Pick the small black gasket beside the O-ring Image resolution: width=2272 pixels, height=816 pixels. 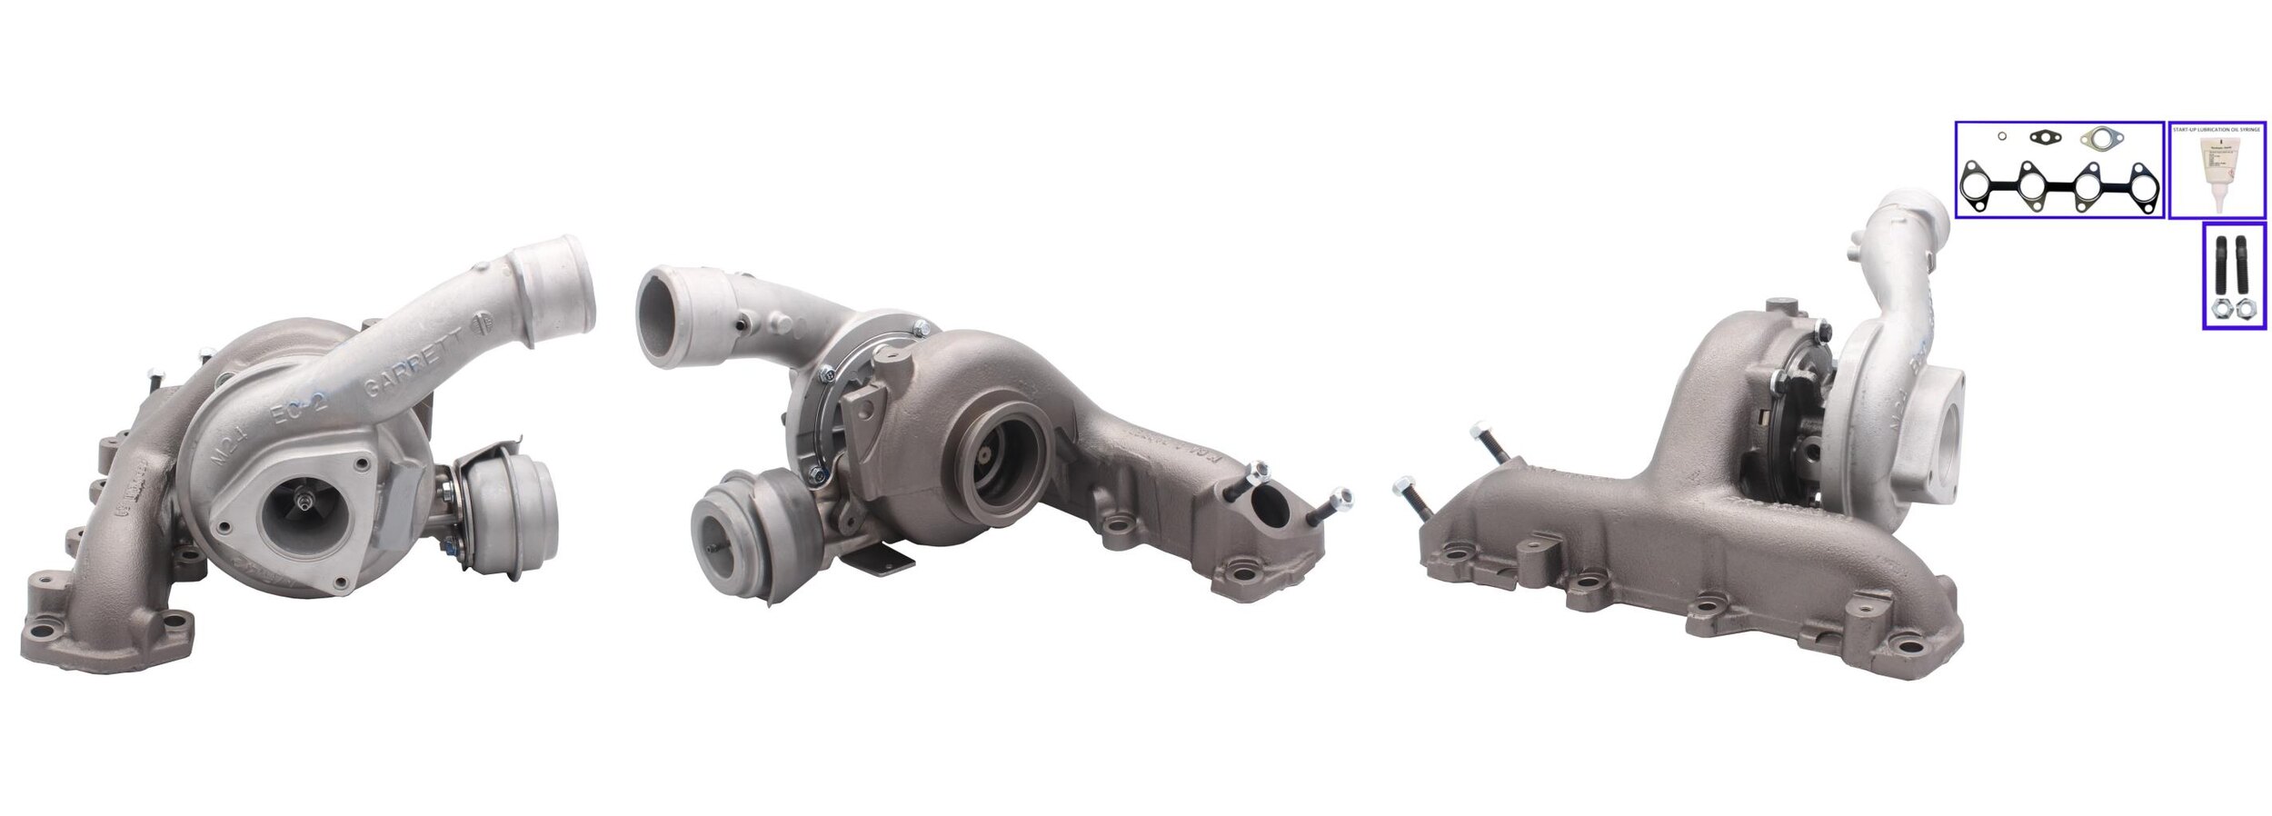[x=2038, y=138]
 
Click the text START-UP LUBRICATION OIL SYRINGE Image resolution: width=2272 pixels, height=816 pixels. [x=2217, y=131]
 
